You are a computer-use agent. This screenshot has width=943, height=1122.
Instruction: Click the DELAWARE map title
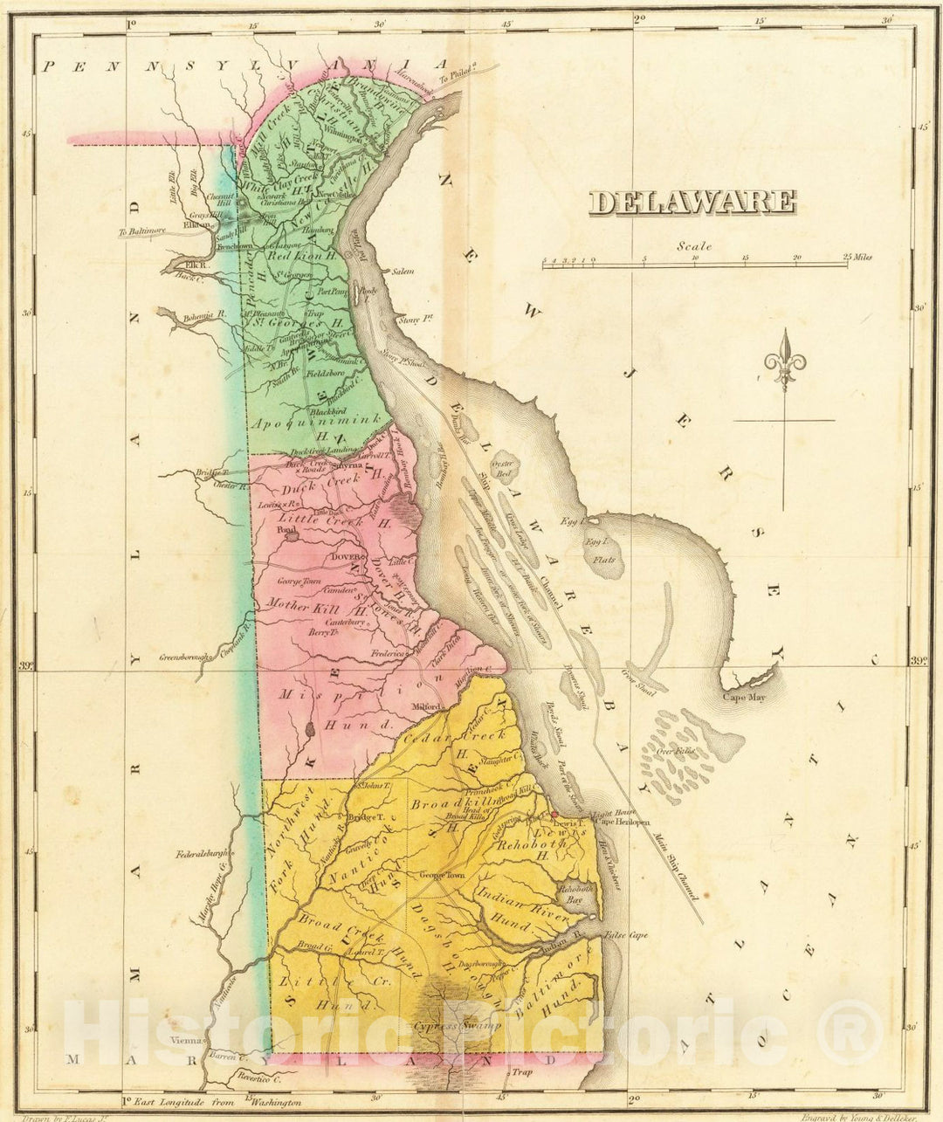pos(692,203)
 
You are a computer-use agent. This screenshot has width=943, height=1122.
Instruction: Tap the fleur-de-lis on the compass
pos(784,358)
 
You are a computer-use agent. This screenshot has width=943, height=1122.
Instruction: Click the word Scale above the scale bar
pos(694,246)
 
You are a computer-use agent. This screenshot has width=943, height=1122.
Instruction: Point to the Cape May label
pos(743,697)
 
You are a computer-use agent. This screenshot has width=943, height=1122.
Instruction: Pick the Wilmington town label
pos(342,138)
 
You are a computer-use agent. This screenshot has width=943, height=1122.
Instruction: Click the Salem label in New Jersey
pos(403,272)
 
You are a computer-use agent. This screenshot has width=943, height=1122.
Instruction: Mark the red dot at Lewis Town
pos(553,815)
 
